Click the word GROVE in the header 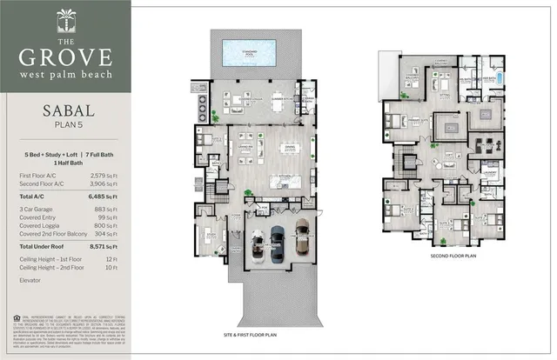66,58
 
